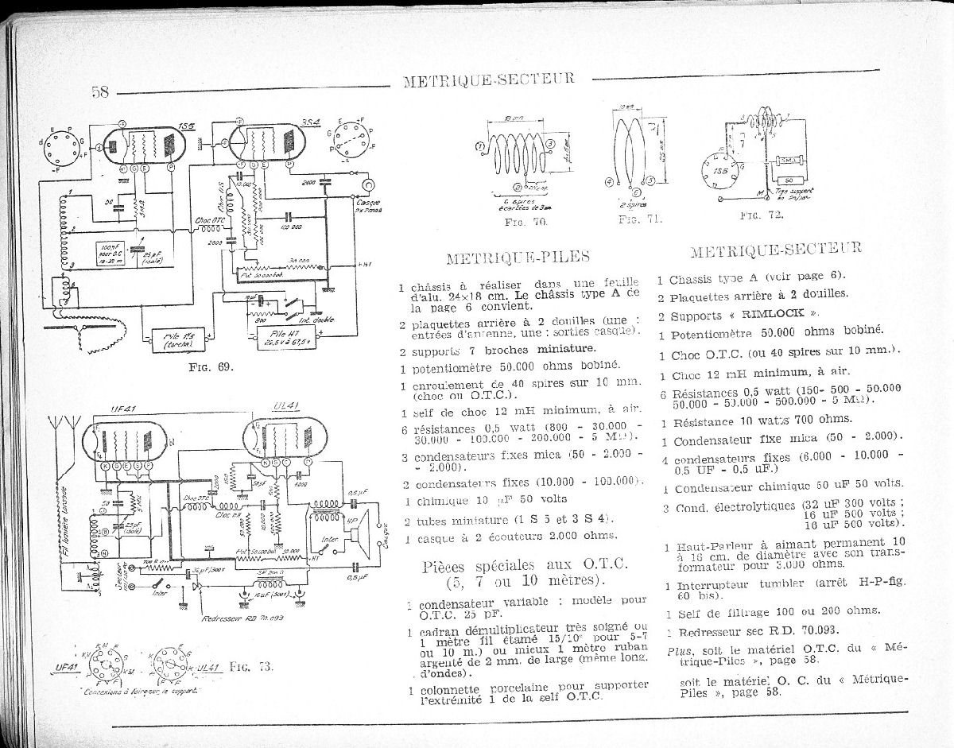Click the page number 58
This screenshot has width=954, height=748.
[x=99, y=91]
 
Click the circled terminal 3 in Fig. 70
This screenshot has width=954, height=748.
[x=549, y=143]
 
